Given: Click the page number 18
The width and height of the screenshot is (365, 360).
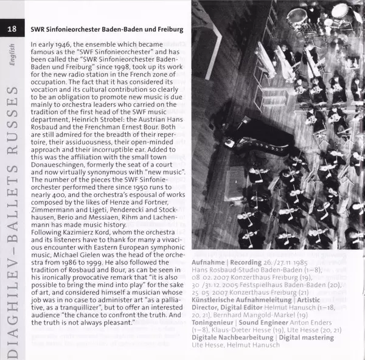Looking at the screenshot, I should [x=12, y=29].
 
